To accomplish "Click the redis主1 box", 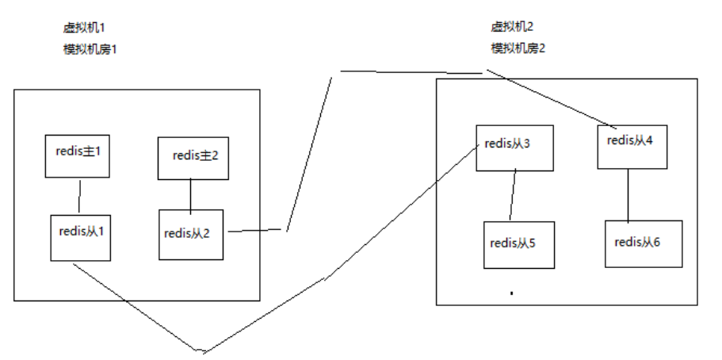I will click(x=78, y=156).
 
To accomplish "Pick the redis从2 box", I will click(x=191, y=234).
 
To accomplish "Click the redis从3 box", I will click(x=514, y=148).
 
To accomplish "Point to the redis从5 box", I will click(x=518, y=244).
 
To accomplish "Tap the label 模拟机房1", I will click(x=90, y=48).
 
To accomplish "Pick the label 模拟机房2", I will click(x=518, y=48).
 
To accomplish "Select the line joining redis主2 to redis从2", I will click(x=190, y=194).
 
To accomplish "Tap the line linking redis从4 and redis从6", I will click(x=629, y=194).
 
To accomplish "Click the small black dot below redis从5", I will click(x=512, y=293).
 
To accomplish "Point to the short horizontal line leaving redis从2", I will click(x=255, y=231).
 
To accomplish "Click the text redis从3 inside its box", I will click(x=507, y=144).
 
